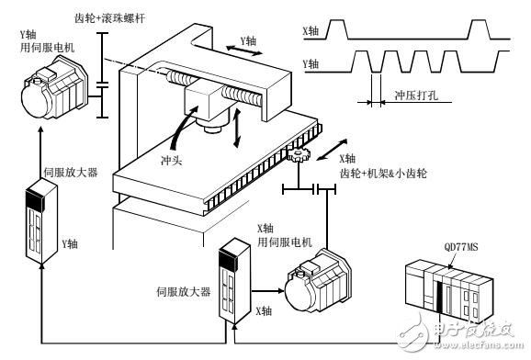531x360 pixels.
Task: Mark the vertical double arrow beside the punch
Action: tap(241, 127)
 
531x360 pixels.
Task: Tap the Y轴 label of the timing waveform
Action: tap(313, 64)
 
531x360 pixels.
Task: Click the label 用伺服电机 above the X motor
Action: tap(286, 242)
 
